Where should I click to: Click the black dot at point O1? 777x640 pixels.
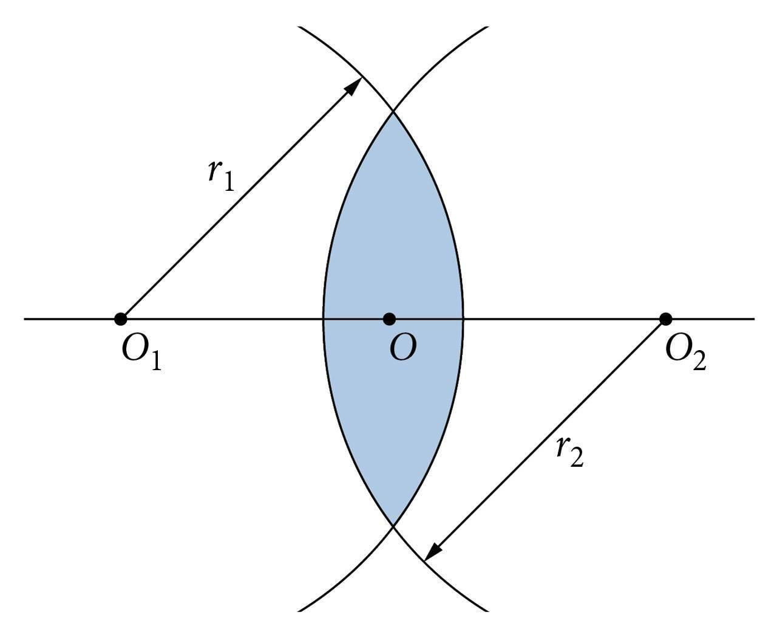(x=121, y=318)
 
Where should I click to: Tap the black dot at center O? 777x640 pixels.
(x=390, y=318)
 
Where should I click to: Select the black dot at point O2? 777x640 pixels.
(x=666, y=318)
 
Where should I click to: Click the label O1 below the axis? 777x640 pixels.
(x=141, y=352)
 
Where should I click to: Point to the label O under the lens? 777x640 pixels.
(x=402, y=348)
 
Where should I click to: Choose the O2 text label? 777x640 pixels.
(x=685, y=352)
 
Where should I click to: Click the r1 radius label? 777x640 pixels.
(x=220, y=174)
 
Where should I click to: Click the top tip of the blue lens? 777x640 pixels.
(x=393, y=112)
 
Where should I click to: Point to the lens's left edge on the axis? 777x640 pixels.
(x=323, y=318)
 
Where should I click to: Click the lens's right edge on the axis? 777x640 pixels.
(x=464, y=318)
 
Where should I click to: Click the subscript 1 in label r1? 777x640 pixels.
(x=228, y=182)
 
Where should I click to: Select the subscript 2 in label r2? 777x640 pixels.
(x=577, y=459)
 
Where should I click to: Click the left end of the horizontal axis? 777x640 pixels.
(x=25, y=318)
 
